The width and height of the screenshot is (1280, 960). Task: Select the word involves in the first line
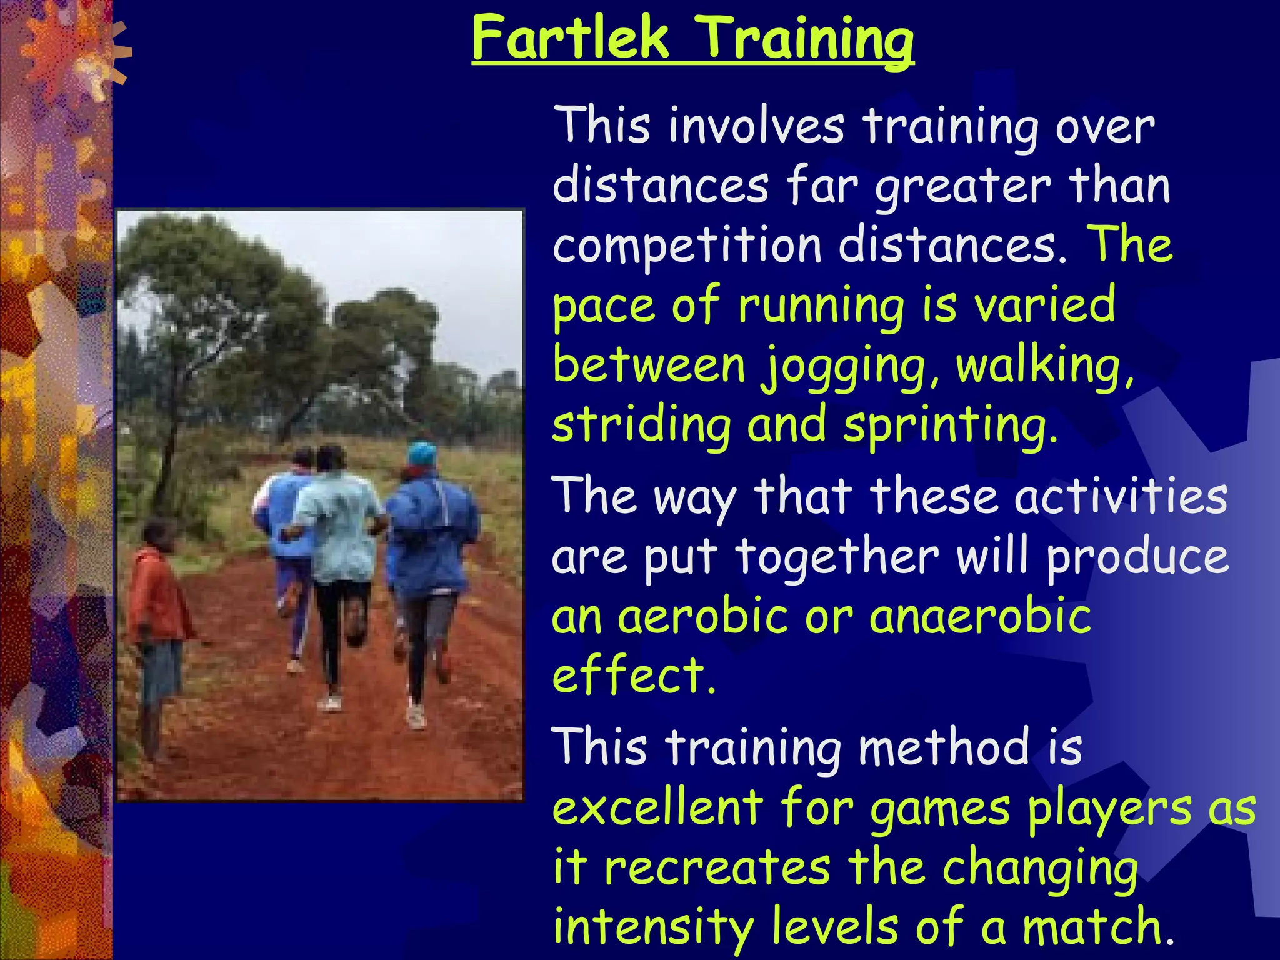pos(756,126)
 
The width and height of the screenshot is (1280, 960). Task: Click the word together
pos(836,556)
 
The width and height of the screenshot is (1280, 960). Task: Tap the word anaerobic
pos(980,617)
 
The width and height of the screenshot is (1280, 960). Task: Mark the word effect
pos(632,676)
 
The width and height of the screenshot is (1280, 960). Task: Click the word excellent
pos(657,807)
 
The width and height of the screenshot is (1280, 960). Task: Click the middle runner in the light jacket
pos(337,531)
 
